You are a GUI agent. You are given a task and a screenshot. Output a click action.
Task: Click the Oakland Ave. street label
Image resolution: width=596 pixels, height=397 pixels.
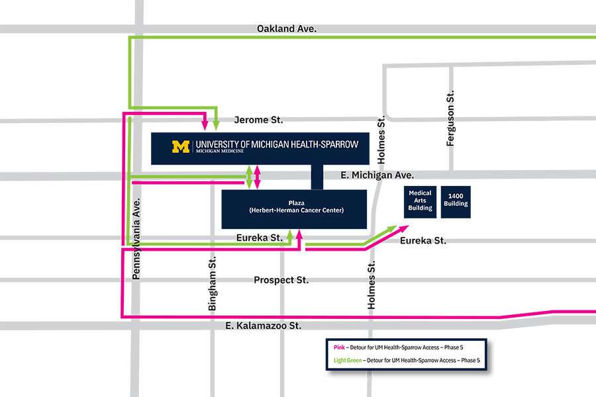pos(286,29)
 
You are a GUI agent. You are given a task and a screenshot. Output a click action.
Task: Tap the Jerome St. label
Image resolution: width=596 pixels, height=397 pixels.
pos(258,120)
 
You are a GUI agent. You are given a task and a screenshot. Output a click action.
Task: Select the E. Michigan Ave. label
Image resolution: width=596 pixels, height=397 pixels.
pos(377,175)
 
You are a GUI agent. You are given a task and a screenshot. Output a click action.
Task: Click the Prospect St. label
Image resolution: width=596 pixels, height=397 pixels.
pos(281,280)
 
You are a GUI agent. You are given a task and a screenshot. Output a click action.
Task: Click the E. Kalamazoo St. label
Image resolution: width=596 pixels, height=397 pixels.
pos(263,326)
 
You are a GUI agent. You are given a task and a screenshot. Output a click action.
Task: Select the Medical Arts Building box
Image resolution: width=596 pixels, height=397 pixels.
pos(420,200)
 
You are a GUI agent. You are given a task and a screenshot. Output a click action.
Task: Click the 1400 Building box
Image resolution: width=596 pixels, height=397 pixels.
pos(456,200)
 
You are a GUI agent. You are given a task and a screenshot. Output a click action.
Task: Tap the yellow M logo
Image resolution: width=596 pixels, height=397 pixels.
pos(181,147)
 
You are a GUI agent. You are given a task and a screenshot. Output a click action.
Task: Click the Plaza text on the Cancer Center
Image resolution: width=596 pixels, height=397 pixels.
pos(296,202)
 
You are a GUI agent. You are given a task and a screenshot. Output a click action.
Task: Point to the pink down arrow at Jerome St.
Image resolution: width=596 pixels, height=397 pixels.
pos(205,124)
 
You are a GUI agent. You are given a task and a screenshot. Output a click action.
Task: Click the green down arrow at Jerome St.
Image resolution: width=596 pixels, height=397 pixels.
pos(216,124)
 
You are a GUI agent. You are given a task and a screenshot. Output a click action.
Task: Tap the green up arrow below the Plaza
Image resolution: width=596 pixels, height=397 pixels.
pos(290,235)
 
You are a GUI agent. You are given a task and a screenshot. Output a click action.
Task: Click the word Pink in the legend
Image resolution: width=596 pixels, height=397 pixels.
pos(337,347)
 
